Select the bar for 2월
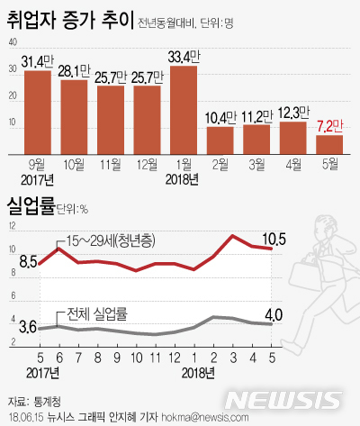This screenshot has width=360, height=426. click(220, 139)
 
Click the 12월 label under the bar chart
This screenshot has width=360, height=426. click(147, 164)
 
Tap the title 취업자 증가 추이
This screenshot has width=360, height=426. click(70, 18)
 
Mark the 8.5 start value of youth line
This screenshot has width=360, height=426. click(27, 262)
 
